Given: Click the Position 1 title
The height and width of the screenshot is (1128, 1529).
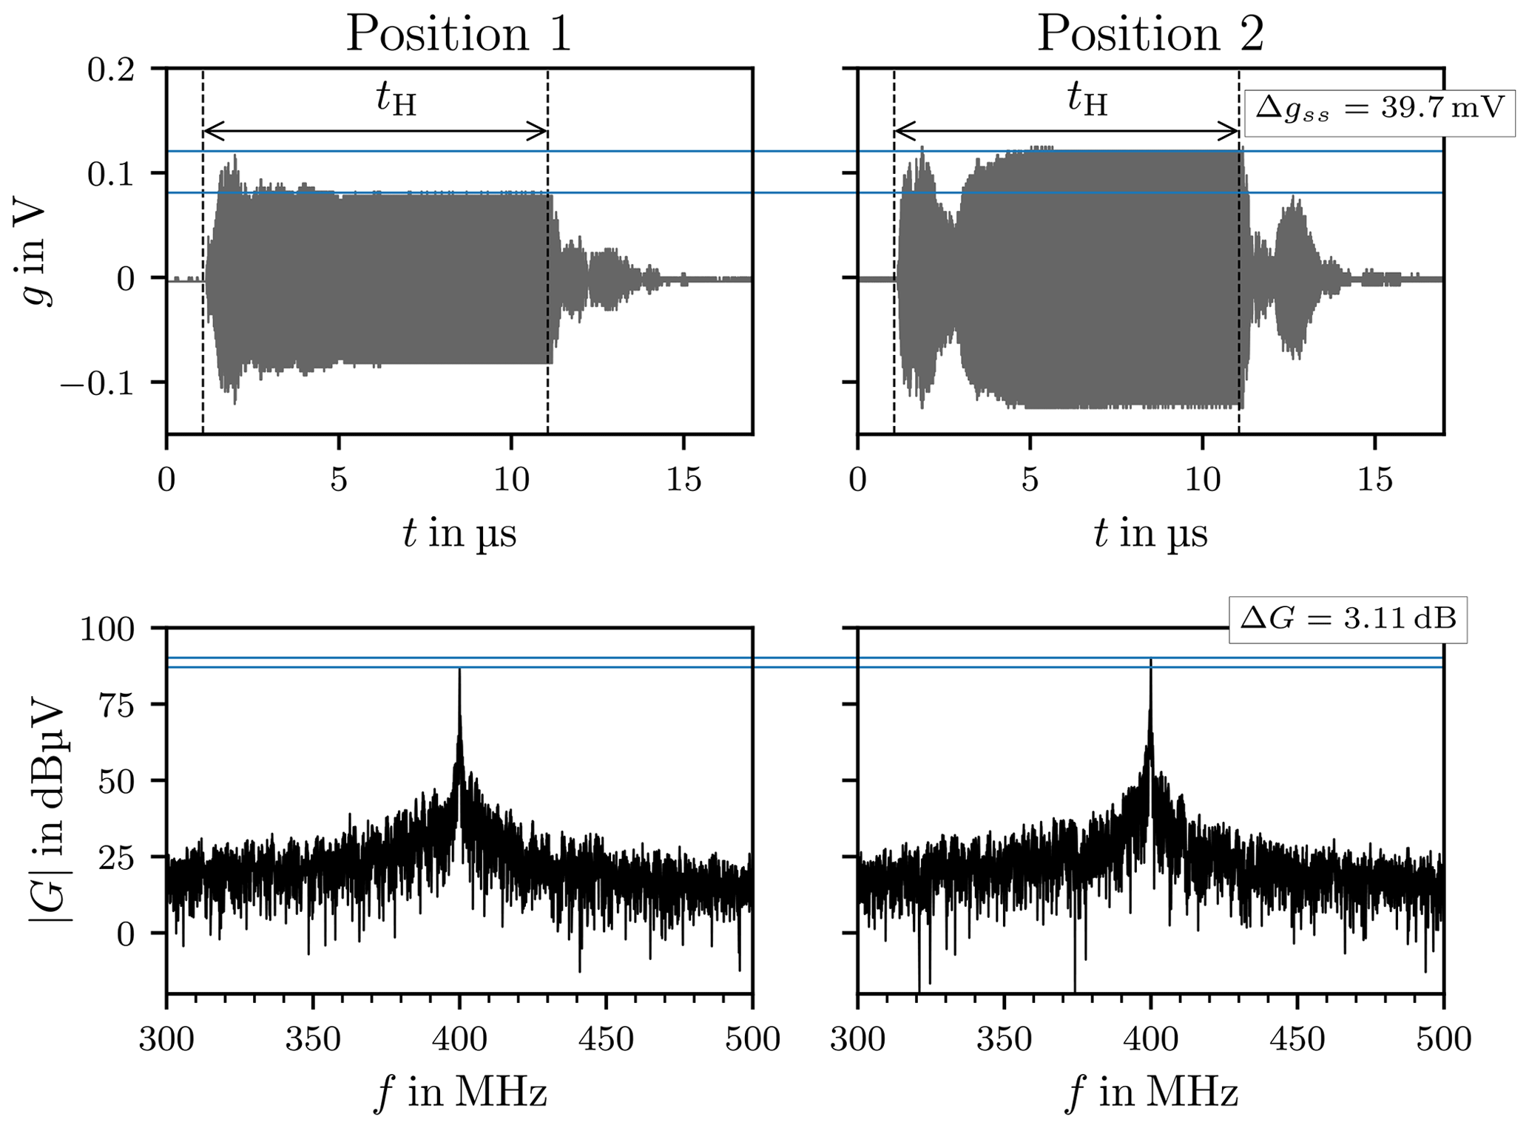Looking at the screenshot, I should [459, 34].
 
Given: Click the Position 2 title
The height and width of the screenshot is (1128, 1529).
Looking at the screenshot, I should [1150, 34].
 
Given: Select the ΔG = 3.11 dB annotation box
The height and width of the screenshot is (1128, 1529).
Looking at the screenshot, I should [1348, 618].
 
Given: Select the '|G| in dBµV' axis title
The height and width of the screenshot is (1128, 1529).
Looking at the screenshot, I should [46, 811].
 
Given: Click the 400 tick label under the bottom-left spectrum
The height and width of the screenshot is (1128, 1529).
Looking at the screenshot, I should [459, 1040].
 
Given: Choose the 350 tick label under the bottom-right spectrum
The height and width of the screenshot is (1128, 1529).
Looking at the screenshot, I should [1004, 1040].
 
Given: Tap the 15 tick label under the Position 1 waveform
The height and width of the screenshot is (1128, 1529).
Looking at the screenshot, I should [683, 482].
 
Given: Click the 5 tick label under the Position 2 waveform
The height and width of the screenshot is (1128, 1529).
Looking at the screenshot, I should [1030, 482].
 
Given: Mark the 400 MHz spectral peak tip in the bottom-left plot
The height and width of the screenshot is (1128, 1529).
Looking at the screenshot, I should [459, 670].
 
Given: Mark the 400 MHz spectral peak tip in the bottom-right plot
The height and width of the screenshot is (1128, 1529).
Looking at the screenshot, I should [1150, 660].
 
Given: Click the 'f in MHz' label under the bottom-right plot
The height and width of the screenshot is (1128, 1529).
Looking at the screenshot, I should [1152, 1092].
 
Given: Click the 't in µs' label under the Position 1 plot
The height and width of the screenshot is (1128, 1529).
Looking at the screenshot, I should [459, 533].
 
